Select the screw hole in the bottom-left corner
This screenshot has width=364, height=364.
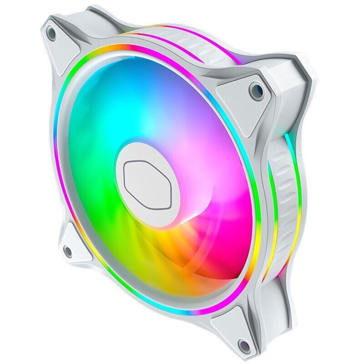click(x=68, y=250)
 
